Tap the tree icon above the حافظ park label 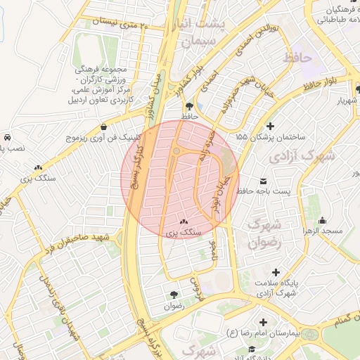coord(186,103)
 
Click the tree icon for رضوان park coord(173,294)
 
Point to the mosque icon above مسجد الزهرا coord(322,219)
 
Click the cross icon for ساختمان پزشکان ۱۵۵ coord(271,125)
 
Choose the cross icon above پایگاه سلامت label coord(275,271)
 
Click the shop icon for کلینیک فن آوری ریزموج coord(104,127)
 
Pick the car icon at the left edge coord(6,137)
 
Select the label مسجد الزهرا coord(323,231)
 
